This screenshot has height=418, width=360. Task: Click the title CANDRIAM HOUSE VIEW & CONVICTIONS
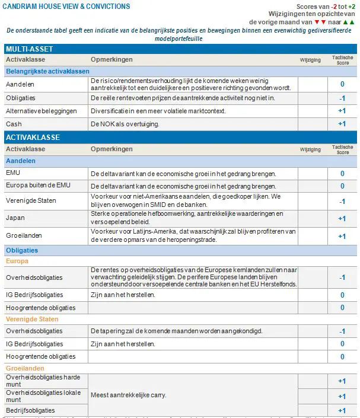click(x=66, y=7)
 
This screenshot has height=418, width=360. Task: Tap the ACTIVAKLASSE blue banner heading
click(x=33, y=138)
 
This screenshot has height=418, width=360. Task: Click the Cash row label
click(x=14, y=124)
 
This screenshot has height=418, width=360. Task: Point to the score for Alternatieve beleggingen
click(x=342, y=111)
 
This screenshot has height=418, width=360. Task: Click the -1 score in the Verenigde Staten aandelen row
click(x=342, y=202)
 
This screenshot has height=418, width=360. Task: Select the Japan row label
click(x=15, y=218)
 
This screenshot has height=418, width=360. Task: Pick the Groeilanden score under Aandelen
click(x=342, y=236)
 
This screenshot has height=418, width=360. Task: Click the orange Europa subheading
click(x=17, y=261)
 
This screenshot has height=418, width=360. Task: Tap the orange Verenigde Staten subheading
click(x=32, y=319)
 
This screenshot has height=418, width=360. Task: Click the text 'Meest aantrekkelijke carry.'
click(x=128, y=395)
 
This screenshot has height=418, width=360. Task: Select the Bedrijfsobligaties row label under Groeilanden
click(x=30, y=410)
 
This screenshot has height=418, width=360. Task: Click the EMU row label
click(x=13, y=173)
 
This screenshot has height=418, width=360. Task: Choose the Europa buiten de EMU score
click(x=342, y=186)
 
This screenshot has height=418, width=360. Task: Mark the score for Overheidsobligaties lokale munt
click(x=342, y=396)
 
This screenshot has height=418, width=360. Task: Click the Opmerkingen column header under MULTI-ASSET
click(x=111, y=60)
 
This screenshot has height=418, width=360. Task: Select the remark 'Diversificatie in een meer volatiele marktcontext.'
click(x=158, y=111)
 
